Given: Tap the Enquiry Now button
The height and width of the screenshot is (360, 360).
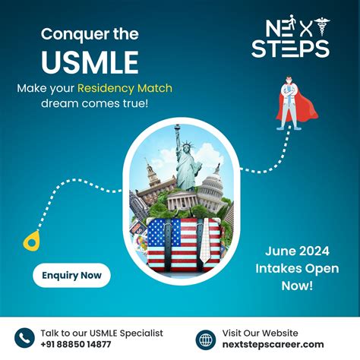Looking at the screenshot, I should point(71,274).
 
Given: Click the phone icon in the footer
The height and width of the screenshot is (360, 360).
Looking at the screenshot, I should point(25,339).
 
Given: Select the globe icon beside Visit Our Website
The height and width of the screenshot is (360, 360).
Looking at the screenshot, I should point(205,339).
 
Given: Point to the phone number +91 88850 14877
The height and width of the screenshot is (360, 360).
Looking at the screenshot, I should point(77,345).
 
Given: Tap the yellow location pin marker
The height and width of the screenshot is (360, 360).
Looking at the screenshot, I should point(31,241).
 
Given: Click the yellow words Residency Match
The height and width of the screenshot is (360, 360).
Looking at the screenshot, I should point(125,88).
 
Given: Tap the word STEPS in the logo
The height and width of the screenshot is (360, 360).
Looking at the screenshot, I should point(291,49).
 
